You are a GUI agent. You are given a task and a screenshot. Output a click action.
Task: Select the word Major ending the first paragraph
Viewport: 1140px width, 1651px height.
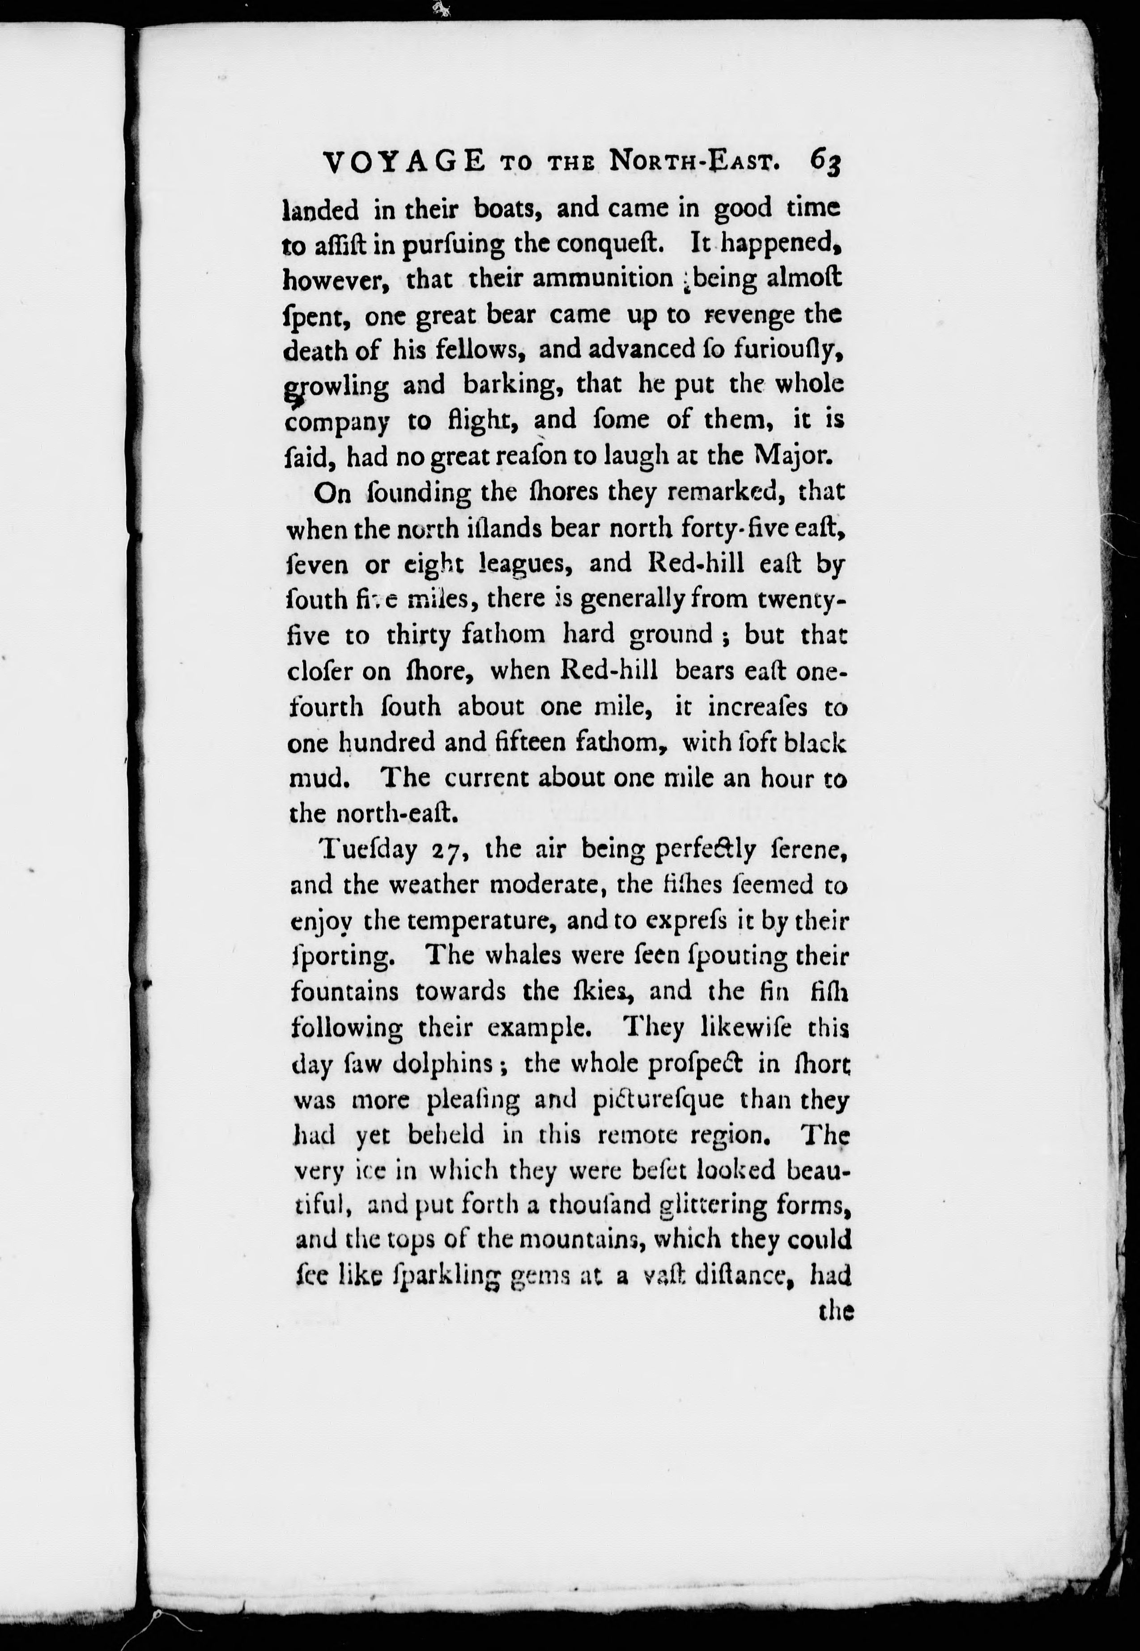789,455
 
